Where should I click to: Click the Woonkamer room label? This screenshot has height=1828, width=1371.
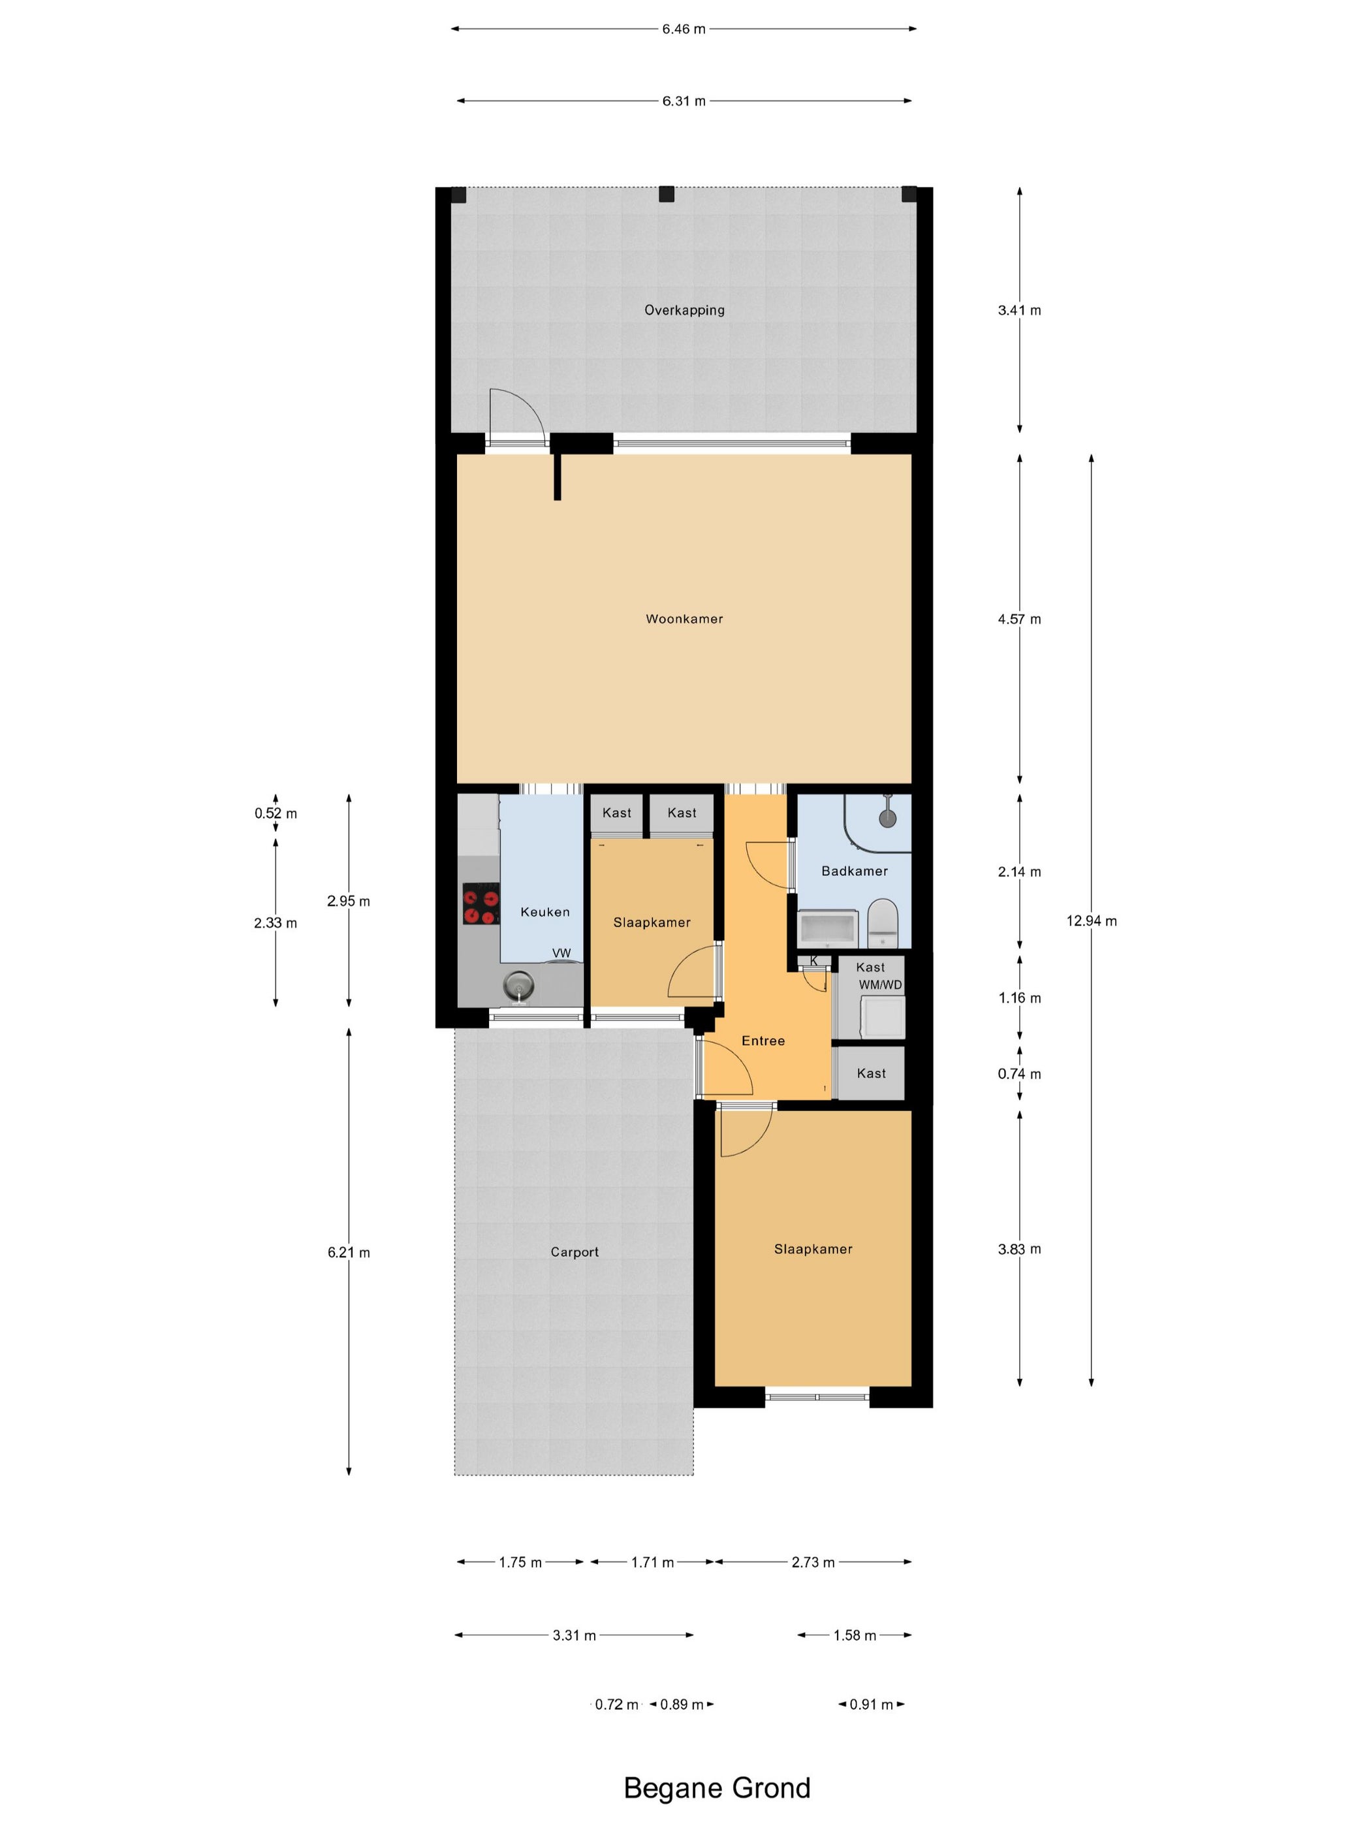pos(684,619)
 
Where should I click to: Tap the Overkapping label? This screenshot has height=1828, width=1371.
pos(684,311)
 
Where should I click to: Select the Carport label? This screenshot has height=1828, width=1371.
pos(575,1252)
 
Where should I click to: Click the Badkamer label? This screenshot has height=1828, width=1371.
pos(855,871)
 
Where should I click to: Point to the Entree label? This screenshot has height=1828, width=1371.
pos(763,1041)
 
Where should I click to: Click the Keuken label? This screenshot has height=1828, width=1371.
pos(544,912)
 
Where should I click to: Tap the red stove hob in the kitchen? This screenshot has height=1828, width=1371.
pos(481,904)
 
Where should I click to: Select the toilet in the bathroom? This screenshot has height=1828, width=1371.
pos(883,924)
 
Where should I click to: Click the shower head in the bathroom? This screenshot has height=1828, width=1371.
pos(887,817)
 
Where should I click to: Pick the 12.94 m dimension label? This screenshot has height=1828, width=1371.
pos(1091,921)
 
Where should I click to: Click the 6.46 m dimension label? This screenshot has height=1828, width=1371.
pos(684,29)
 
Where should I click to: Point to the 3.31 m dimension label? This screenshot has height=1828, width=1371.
pos(575,1635)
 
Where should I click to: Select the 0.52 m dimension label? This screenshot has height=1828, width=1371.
pos(276,813)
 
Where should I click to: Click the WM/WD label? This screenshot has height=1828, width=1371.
pos(880,985)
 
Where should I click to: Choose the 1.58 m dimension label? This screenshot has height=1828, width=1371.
pos(855,1635)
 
